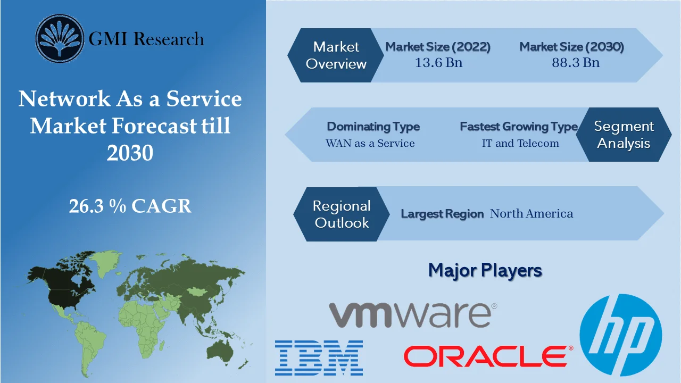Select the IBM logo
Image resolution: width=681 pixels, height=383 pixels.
tap(319, 357)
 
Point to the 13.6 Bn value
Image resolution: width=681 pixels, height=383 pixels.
tap(438, 63)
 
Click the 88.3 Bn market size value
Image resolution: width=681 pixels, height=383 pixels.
tap(576, 63)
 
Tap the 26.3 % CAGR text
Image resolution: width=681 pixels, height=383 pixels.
tap(130, 206)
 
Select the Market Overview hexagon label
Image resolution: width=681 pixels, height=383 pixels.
tap(336, 55)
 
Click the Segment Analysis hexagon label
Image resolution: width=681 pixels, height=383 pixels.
tap(624, 135)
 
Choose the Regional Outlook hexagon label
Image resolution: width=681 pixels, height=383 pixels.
tap(342, 214)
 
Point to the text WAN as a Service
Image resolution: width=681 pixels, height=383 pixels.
tap(370, 143)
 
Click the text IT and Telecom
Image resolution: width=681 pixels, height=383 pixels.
tap(520, 143)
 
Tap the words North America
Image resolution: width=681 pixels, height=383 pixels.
tap(531, 214)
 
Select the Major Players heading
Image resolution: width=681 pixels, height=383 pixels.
tap(485, 270)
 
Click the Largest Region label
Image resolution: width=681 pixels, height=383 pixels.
tap(442, 214)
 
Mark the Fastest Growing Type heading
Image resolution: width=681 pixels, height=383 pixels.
tap(519, 127)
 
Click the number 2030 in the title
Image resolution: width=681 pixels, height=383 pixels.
tap(130, 153)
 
